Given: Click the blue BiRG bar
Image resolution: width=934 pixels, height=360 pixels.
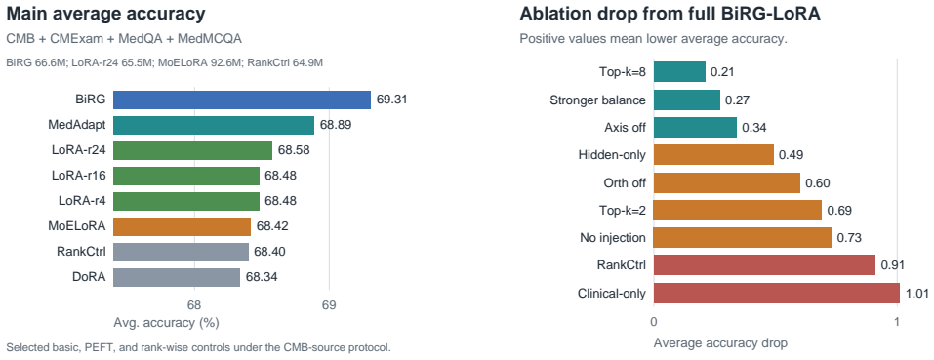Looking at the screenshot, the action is click(242, 100).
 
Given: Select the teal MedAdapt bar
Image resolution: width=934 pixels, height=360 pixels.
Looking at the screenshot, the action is click(213, 126).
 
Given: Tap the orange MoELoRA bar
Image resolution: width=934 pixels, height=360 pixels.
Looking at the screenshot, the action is click(182, 226).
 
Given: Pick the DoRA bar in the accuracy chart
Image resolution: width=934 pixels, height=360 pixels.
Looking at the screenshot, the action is click(177, 277).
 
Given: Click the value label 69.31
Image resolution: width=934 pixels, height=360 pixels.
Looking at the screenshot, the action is click(391, 100).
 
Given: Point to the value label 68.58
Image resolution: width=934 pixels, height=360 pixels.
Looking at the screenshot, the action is click(293, 150).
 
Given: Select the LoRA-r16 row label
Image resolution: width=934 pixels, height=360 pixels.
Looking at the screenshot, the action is click(79, 177).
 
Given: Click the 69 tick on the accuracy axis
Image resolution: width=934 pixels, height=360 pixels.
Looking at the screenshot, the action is click(329, 305).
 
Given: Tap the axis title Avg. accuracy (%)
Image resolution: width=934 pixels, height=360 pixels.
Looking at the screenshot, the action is click(166, 323).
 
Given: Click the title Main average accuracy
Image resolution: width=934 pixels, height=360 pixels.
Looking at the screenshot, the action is click(105, 14).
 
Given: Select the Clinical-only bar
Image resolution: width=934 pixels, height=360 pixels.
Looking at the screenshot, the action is click(777, 293).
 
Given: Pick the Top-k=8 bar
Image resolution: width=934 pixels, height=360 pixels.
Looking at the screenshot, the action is click(679, 72).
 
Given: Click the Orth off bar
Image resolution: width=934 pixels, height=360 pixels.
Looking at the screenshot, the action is click(727, 182).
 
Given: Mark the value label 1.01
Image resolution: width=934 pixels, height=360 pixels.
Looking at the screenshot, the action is click(916, 293).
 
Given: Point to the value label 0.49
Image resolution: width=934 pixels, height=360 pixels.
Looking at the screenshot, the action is click(792, 155).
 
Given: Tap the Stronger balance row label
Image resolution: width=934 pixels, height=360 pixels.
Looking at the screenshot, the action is click(597, 100).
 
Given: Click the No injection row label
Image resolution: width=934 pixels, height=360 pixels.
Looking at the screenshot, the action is click(613, 238).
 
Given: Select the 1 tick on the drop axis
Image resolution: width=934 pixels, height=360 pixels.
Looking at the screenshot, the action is click(897, 322).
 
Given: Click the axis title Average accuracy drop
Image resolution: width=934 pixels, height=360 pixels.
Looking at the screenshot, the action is click(721, 343).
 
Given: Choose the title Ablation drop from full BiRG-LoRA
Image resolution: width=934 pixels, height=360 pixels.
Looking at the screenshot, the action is click(670, 14).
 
